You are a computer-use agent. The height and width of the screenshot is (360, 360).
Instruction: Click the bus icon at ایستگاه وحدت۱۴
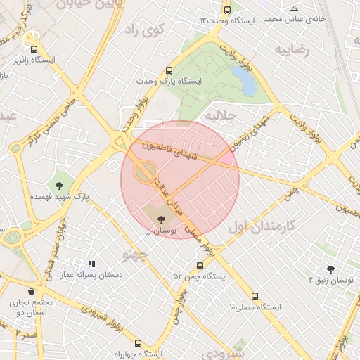click(226, 10)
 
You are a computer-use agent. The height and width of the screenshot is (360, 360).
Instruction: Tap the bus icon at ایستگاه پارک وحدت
click(169, 71)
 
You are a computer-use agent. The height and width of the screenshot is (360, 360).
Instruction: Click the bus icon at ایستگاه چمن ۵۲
click(200, 266)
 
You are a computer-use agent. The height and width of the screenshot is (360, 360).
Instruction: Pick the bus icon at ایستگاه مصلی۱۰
click(255, 297)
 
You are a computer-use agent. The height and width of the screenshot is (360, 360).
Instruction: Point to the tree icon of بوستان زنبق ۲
click(330, 269)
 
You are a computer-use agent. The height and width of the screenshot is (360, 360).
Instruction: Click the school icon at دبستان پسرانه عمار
click(91, 264)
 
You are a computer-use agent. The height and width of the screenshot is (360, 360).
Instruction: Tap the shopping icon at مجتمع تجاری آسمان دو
click(31, 291)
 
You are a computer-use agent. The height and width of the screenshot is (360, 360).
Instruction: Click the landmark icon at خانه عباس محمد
click(294, 9)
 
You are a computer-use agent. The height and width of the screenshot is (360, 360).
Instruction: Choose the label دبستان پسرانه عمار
click(91, 276)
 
